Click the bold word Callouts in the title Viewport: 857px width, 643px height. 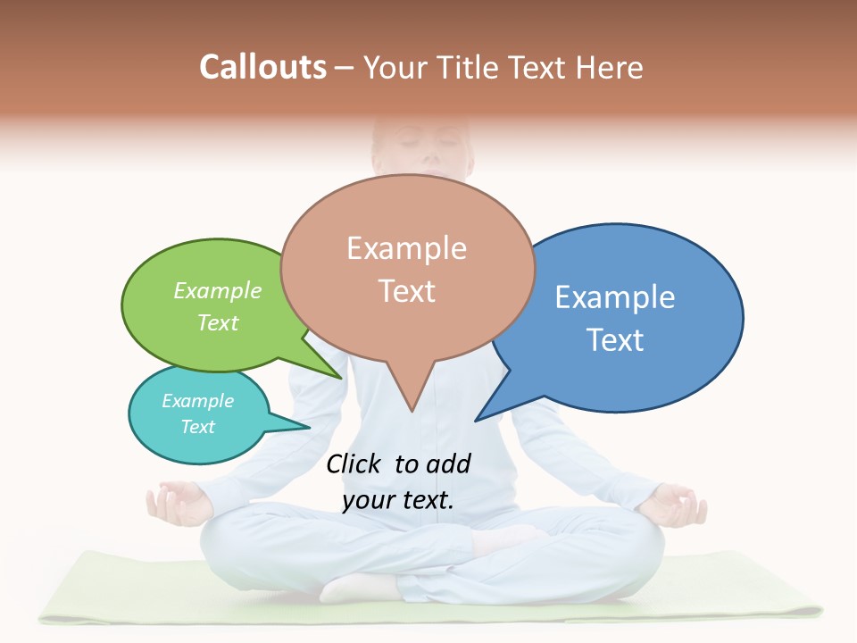(262, 67)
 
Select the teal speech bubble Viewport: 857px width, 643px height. (198, 413)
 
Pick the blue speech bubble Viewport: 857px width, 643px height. (625, 317)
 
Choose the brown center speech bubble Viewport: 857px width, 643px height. (407, 268)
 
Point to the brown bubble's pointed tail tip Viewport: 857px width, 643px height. (411, 411)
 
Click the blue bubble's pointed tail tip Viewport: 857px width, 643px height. (476, 420)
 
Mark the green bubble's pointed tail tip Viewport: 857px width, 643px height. (341, 378)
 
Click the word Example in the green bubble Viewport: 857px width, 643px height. (218, 290)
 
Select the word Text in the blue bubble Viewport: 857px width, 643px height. (615, 339)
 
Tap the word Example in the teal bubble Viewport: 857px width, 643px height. (197, 401)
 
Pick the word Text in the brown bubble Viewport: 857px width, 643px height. (407, 290)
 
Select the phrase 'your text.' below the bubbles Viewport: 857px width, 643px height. (398, 500)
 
